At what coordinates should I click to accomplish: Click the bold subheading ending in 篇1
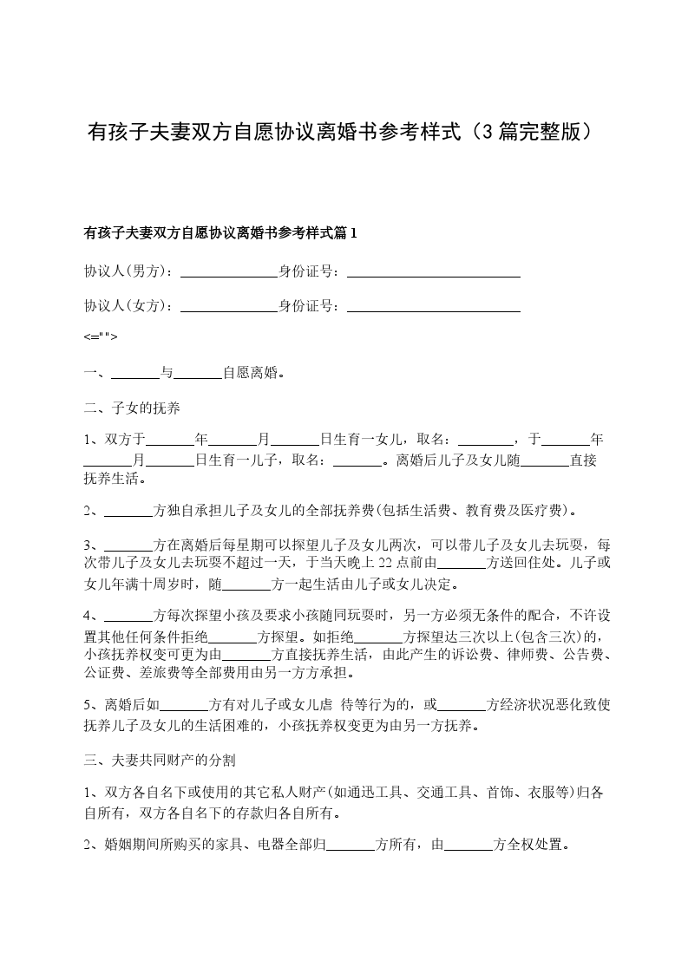pos(220,232)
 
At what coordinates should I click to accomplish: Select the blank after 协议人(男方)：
pos(228,271)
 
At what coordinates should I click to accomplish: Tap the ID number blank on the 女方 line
pos(433,306)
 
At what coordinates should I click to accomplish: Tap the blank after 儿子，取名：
pos(357,460)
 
